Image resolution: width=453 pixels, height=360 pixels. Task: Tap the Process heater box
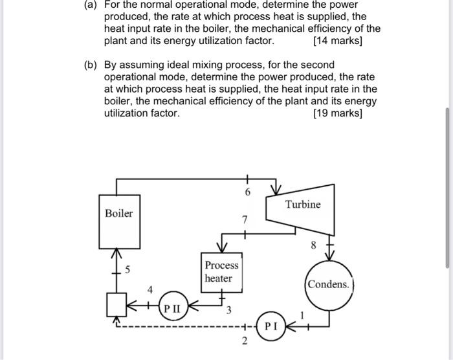click(221, 272)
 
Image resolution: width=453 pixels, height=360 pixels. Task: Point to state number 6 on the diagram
click(247, 192)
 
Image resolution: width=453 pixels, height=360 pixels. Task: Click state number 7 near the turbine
click(244, 221)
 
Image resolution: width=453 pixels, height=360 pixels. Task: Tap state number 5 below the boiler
click(127, 271)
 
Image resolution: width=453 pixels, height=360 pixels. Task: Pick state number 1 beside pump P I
click(301, 314)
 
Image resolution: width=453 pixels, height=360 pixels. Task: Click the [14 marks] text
click(337, 41)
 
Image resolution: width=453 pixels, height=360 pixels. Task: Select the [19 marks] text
click(337, 113)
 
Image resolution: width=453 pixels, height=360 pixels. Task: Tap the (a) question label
click(91, 5)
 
